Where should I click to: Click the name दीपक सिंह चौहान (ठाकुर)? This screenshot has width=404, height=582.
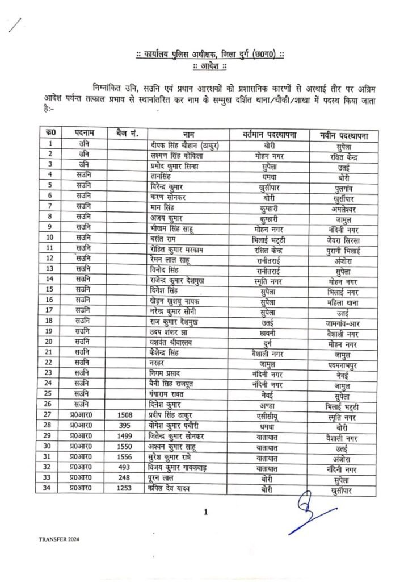[181, 145]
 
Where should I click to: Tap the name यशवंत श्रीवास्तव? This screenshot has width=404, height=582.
[170, 342]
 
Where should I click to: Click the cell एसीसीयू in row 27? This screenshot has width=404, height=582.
[266, 415]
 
